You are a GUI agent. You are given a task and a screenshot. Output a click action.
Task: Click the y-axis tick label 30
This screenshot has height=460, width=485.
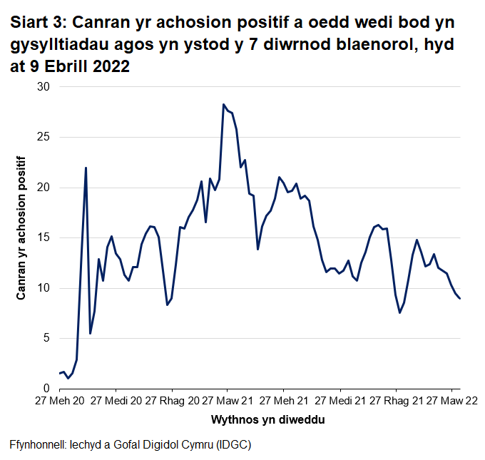[44, 87]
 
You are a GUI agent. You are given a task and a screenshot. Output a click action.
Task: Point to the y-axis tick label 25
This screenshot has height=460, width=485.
[44, 137]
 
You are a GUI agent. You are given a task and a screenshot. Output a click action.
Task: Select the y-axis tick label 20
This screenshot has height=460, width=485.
[44, 188]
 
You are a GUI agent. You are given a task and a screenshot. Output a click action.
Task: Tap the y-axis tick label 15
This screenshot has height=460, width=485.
[44, 237]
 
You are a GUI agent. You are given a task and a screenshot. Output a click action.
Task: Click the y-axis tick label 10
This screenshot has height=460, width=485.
[44, 288]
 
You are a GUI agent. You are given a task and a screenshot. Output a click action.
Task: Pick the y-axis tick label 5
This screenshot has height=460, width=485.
[47, 338]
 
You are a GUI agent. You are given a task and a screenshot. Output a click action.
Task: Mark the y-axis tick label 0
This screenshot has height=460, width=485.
[47, 389]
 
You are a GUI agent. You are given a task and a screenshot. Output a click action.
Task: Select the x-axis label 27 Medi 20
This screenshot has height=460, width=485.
[118, 402]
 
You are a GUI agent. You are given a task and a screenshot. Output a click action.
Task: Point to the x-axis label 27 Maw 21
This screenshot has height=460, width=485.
[228, 402]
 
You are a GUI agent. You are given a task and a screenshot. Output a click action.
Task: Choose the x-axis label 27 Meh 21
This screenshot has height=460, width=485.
[283, 402]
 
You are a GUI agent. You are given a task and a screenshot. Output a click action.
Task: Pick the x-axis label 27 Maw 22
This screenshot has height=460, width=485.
[452, 402]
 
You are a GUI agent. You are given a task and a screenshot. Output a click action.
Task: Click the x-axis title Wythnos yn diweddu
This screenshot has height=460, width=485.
[260, 420]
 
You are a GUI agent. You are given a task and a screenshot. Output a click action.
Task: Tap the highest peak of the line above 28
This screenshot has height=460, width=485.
[223, 104]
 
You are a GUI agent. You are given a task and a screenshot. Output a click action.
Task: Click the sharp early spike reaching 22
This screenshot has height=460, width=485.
[86, 168]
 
